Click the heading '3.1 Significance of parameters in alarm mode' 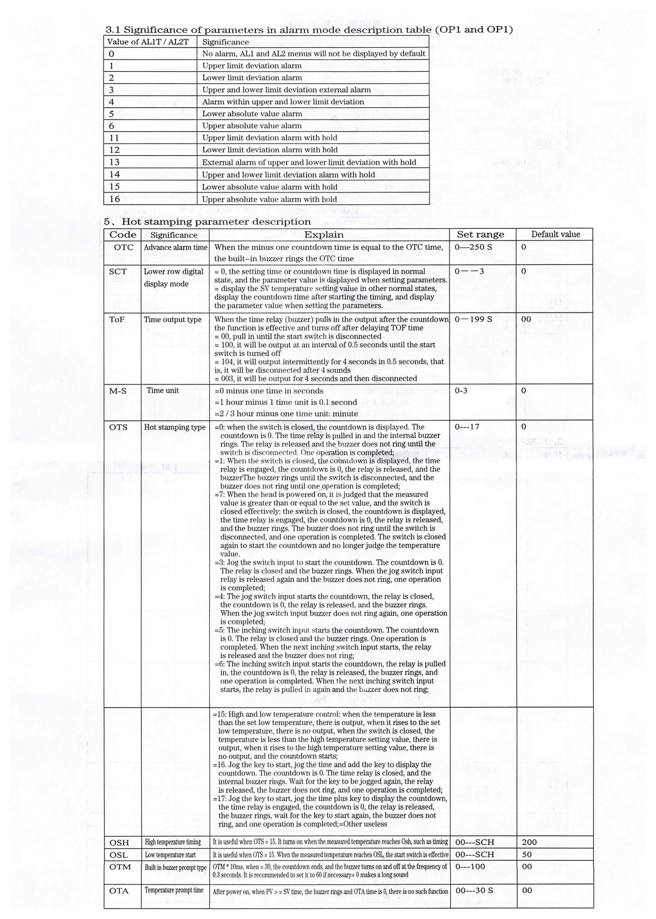click(x=309, y=29)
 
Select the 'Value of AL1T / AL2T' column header click(x=148, y=42)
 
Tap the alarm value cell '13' click(x=115, y=162)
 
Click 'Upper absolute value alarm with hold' click(x=269, y=199)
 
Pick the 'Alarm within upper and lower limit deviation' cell click(x=283, y=102)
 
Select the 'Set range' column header click(x=480, y=234)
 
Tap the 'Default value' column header click(x=555, y=234)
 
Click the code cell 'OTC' click(x=124, y=247)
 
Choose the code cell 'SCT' click(x=118, y=271)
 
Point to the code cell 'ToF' click(x=117, y=319)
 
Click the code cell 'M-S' click(x=118, y=391)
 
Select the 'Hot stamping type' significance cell click(x=175, y=427)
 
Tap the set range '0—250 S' click(x=473, y=247)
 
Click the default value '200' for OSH click(x=529, y=842)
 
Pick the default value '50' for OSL click(x=527, y=854)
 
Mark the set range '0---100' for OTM click(x=470, y=867)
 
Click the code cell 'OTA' click(x=119, y=891)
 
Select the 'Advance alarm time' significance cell click(x=175, y=248)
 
